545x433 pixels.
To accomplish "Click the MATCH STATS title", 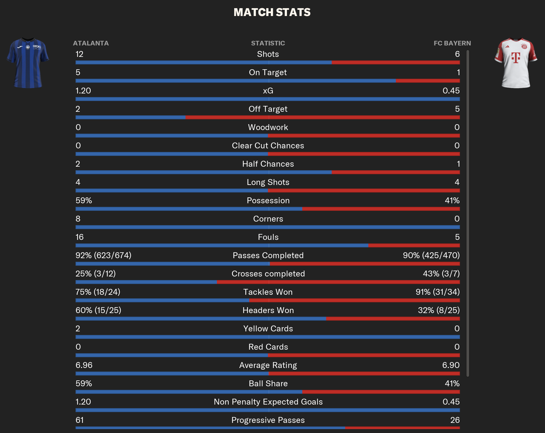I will pyautogui.click(x=272, y=12).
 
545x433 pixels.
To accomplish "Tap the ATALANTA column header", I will pyautogui.click(x=91, y=43).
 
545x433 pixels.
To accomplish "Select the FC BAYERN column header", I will pyautogui.click(x=452, y=43).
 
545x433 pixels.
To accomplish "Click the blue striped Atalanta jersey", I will pyautogui.click(x=28, y=63).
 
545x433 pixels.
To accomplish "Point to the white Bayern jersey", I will pyautogui.click(x=516, y=63).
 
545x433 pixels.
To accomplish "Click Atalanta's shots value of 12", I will pyautogui.click(x=79, y=54).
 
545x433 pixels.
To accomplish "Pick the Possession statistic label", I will pyautogui.click(x=268, y=201).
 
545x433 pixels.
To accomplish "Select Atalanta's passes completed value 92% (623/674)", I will pyautogui.click(x=103, y=256).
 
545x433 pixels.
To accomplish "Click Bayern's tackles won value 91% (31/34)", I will pyautogui.click(x=437, y=292).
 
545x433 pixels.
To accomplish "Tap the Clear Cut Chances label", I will pyautogui.click(x=268, y=146).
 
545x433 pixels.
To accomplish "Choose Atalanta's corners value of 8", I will pyautogui.click(x=78, y=219).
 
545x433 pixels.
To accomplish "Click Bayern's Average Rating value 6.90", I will pyautogui.click(x=451, y=365).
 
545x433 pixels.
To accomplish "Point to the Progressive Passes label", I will pyautogui.click(x=268, y=420).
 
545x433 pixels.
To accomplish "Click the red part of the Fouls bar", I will pyautogui.click(x=414, y=245).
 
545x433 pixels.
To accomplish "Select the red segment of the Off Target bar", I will pyautogui.click(x=322, y=117).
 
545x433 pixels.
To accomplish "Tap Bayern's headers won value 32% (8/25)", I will pyautogui.click(x=439, y=310).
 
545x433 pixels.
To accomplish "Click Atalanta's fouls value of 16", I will pyautogui.click(x=79, y=237).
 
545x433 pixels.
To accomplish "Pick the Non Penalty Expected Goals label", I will pyautogui.click(x=268, y=402).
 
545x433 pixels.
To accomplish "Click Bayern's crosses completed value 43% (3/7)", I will pyautogui.click(x=441, y=274).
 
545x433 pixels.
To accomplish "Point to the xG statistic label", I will pyautogui.click(x=268, y=91).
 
